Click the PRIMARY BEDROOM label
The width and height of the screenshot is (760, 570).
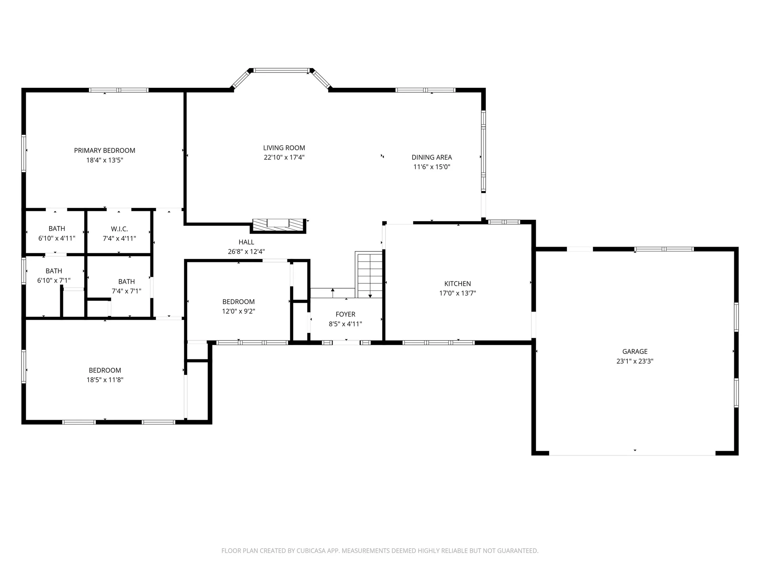coord(104,150)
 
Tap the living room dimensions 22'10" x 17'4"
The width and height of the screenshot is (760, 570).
coord(284,158)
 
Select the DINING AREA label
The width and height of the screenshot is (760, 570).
coord(431,157)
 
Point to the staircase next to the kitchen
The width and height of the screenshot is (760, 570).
coord(370,275)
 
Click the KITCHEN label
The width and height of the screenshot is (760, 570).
coord(458,283)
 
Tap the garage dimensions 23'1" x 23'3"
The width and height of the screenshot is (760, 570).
coord(635,361)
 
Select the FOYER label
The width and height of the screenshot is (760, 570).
coord(345,314)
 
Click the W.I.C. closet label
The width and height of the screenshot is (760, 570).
coord(119,229)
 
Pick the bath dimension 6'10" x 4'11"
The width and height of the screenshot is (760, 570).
coord(57,238)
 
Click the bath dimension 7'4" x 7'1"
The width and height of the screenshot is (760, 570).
coord(126,291)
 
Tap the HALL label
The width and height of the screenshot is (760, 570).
coord(246,242)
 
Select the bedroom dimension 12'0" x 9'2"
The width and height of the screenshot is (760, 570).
coord(238,312)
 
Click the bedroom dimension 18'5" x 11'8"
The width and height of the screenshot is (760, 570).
coord(105,380)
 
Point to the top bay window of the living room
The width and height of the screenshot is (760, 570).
coord(281,70)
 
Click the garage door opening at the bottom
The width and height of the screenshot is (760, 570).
coord(632,454)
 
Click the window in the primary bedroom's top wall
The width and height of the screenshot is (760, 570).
coord(118,90)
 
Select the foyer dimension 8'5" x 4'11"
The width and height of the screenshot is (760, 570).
coord(345,324)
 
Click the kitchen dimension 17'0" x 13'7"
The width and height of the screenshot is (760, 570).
coord(458,293)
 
